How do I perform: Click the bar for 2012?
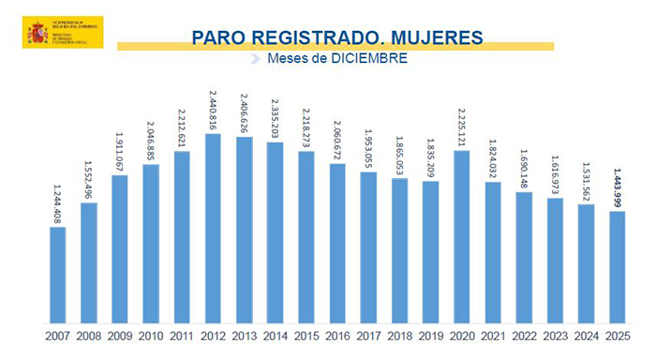coord(213,229)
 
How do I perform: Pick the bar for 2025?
coord(616,267)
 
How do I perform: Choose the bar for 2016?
coord(337,244)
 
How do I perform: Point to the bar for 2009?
coord(120,249)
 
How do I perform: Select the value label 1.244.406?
coord(58,202)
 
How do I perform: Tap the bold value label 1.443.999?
coord(616,187)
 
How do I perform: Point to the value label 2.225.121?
coord(461,127)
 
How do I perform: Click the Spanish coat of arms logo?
coord(37,33)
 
